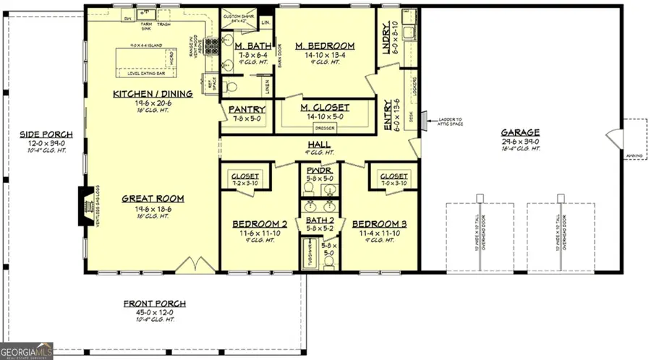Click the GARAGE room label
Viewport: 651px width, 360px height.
pos(521,132)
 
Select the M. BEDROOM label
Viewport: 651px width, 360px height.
pos(324,46)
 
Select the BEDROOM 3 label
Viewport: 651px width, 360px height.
pos(379,225)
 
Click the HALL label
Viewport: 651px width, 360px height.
pos(319,145)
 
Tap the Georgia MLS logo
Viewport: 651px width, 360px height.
pos(27,351)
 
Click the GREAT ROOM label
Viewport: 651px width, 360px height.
pos(153,198)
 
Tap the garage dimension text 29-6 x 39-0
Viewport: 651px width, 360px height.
pos(521,141)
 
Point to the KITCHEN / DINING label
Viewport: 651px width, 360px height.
pos(153,94)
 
